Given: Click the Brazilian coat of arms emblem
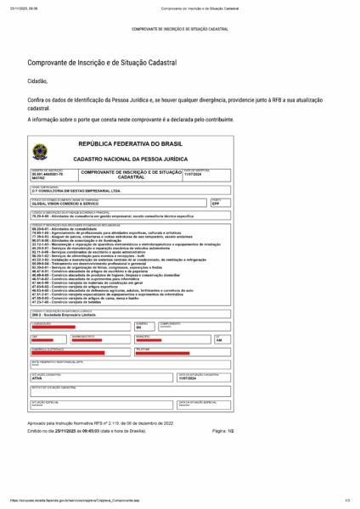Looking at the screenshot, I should click(x=40, y=153).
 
